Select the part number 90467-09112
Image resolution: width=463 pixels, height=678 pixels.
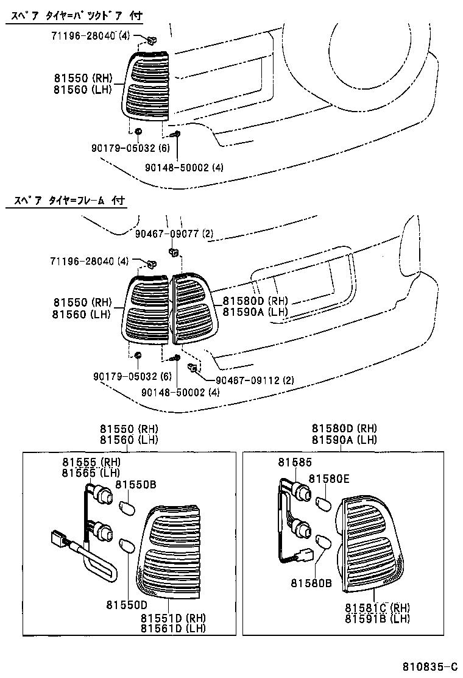point(256,380)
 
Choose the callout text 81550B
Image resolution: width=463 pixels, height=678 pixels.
point(136,484)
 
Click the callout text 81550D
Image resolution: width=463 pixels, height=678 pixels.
point(127,605)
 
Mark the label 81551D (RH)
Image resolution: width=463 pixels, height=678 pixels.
point(173,617)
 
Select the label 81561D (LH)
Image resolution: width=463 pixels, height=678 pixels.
point(173,628)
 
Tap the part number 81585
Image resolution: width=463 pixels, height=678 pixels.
point(295,463)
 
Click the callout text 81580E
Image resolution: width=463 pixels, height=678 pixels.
point(328,479)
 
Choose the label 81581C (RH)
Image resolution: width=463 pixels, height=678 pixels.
point(377,607)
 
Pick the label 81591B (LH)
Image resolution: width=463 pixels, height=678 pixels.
point(377,618)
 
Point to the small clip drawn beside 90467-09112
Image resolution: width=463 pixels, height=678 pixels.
point(192,366)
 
